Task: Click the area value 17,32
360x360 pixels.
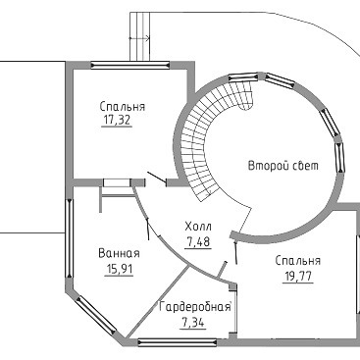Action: [x=117, y=121]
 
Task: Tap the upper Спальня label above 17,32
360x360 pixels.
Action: [x=123, y=107]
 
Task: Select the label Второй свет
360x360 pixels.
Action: [x=283, y=166]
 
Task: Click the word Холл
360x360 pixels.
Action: [x=198, y=227]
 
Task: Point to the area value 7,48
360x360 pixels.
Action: [x=198, y=242]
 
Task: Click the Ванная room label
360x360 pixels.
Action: [x=119, y=253]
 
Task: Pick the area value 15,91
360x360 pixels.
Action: [x=119, y=269]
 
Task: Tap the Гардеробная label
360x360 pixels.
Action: [x=195, y=307]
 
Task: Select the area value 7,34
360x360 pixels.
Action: [x=193, y=323]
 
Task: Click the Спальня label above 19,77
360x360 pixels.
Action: [x=298, y=261]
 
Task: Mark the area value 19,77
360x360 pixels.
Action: [x=297, y=277]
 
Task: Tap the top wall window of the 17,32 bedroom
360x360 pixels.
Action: [x=130, y=66]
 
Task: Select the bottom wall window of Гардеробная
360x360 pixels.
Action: [x=178, y=342]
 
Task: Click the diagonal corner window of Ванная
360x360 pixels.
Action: [x=95, y=316]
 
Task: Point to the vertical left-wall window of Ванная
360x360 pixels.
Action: [x=69, y=238]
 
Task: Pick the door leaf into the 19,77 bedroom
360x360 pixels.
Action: [x=235, y=252]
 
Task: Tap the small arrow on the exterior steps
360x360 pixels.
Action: [x=139, y=38]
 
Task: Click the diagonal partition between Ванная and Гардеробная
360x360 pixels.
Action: [x=158, y=301]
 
